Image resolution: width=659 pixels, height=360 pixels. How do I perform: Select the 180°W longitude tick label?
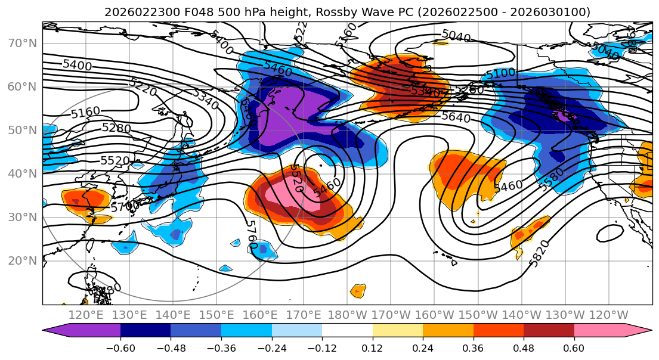(x=347, y=315)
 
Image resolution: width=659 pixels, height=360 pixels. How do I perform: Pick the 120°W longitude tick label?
(x=609, y=315)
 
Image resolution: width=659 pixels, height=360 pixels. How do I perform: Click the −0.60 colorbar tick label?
(x=120, y=347)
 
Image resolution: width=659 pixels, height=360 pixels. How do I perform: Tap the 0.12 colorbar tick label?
(x=373, y=347)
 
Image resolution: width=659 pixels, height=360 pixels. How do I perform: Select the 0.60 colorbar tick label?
(x=574, y=347)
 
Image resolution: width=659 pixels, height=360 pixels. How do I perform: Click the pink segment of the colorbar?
(x=602, y=331)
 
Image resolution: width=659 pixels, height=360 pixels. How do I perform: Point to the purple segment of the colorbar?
(x=83, y=331)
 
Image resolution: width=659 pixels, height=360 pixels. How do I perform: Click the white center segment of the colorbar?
(x=347, y=331)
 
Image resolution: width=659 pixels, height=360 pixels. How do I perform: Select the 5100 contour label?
(x=500, y=75)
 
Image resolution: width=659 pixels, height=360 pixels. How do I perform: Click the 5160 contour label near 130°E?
(x=85, y=112)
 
